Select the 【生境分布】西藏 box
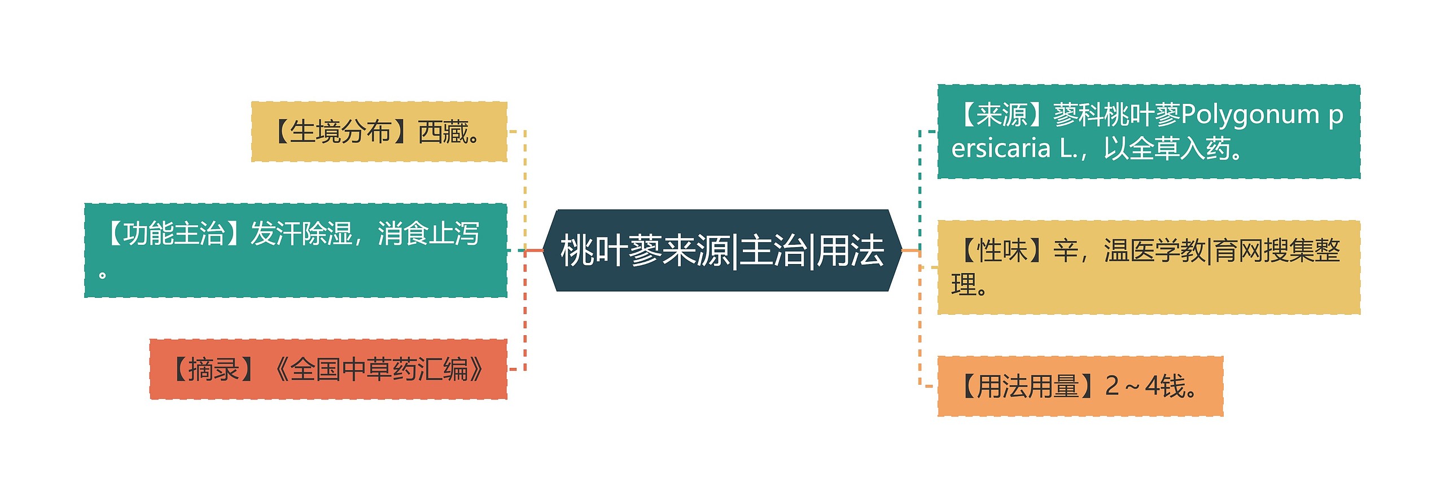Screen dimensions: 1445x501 click(379, 132)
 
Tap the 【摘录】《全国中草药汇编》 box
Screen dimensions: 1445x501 click(329, 370)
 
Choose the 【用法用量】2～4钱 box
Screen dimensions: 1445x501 click(1080, 386)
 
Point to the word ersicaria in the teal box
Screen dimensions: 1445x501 click(1000, 149)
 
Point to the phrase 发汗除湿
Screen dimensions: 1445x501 click(301, 234)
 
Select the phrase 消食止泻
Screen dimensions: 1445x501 click(428, 234)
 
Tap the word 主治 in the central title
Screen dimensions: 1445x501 click(772, 251)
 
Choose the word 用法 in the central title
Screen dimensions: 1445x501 click(850, 251)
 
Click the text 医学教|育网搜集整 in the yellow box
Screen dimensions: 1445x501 click(1221, 250)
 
